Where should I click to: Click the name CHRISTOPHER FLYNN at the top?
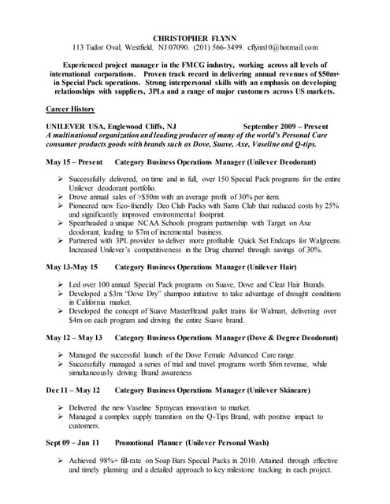[x=195, y=37]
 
